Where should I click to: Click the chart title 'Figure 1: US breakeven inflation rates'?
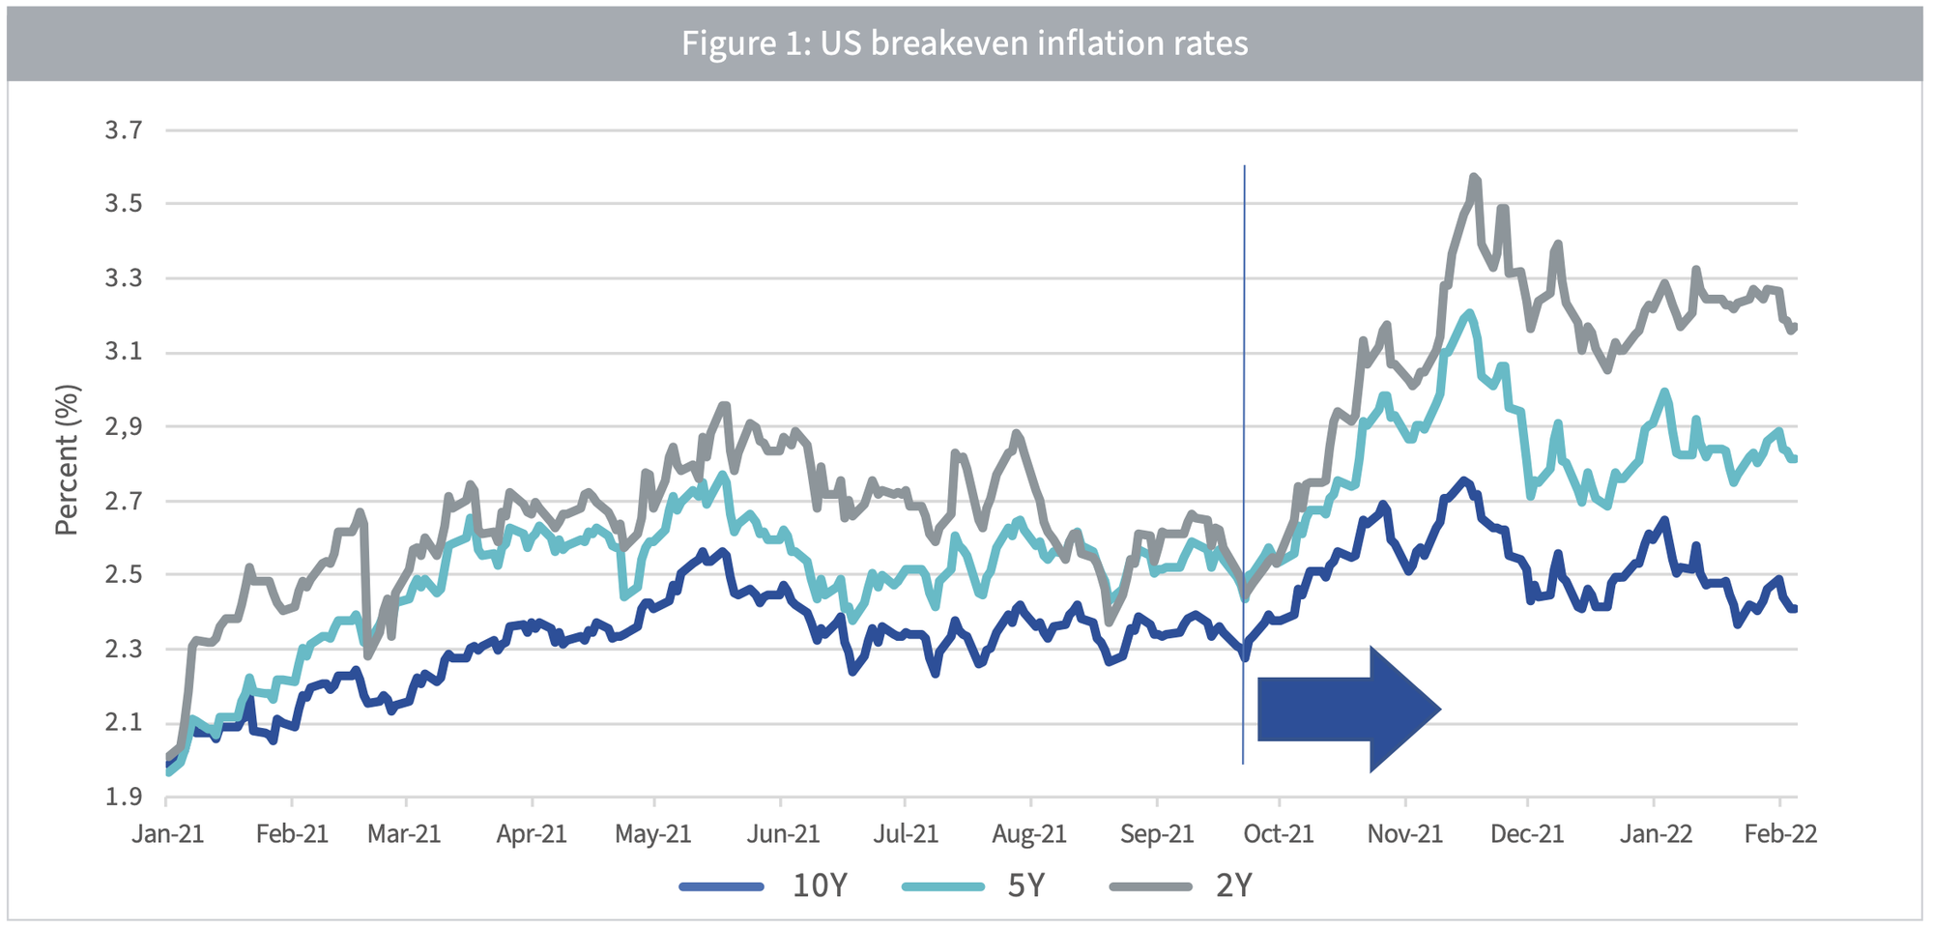click(x=965, y=43)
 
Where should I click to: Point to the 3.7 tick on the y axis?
click(x=124, y=130)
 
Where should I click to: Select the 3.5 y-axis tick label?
click(x=124, y=204)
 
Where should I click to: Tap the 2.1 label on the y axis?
click(x=124, y=723)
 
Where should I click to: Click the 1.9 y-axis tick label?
click(x=124, y=797)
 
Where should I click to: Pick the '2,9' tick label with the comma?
click(x=124, y=426)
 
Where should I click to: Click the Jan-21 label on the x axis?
click(x=168, y=834)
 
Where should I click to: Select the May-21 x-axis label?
click(x=653, y=834)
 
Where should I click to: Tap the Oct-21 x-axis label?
click(x=1279, y=834)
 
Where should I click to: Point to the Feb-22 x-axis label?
click(x=1780, y=834)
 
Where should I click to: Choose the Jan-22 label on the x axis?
click(x=1656, y=834)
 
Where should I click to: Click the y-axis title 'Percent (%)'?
click(x=66, y=460)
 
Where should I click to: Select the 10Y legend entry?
click(x=764, y=885)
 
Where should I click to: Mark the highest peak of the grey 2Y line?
click(x=1474, y=177)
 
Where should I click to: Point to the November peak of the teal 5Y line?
click(x=1469, y=312)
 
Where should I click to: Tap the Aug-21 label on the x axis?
click(x=1029, y=834)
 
